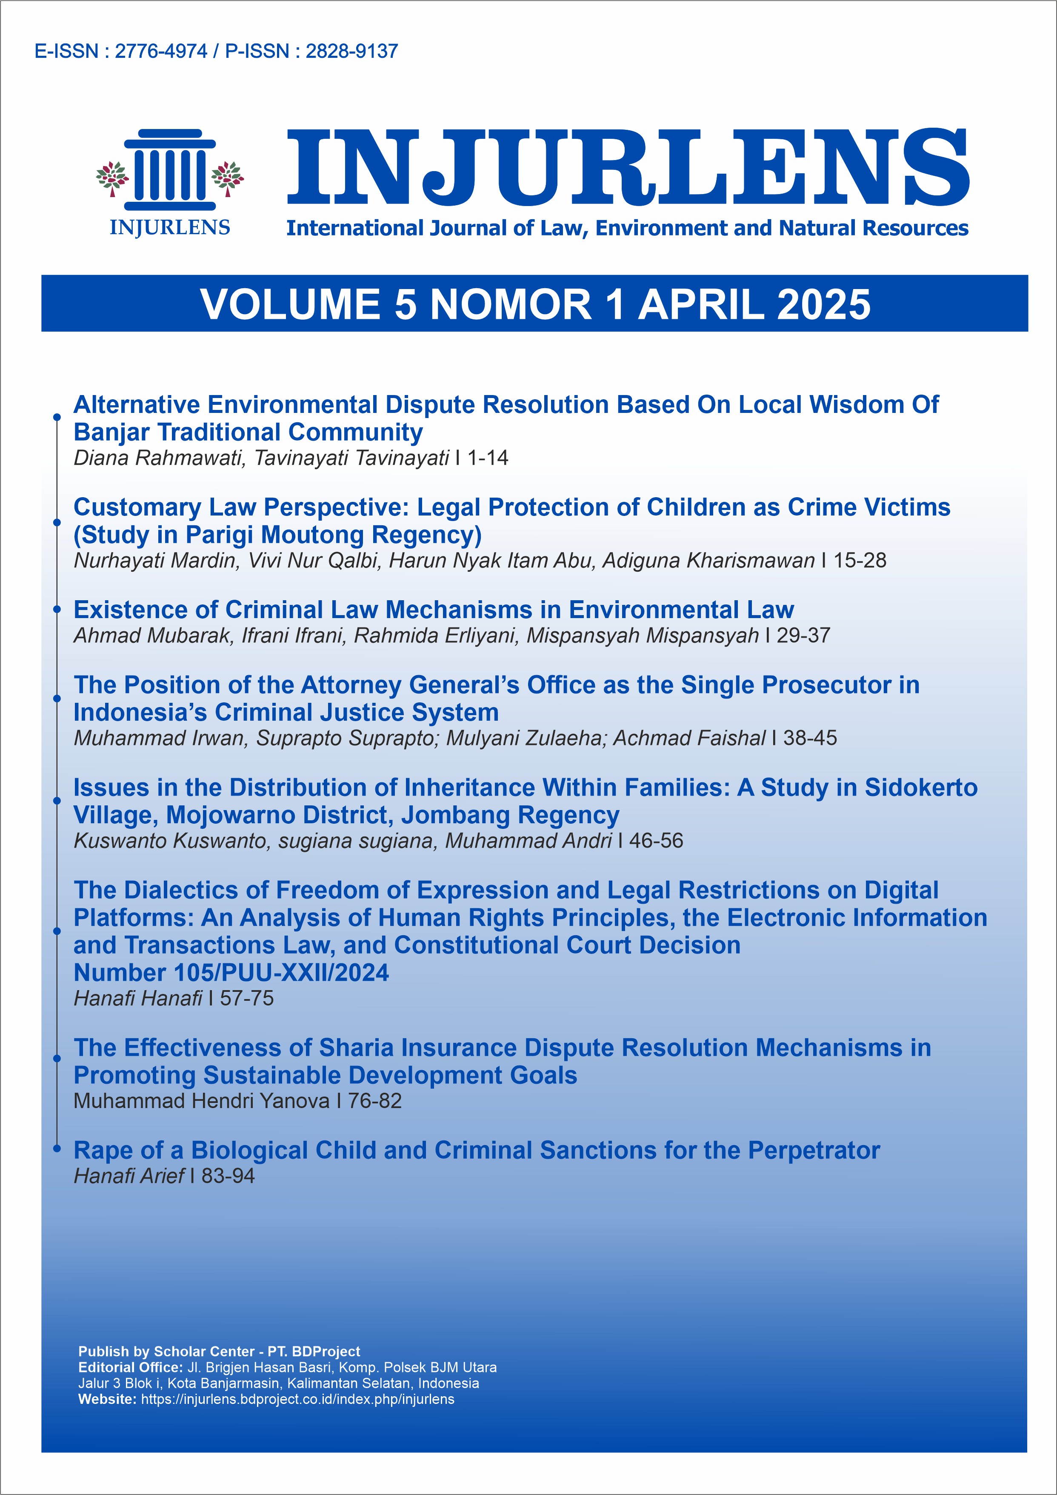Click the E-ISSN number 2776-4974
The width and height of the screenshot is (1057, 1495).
click(x=161, y=52)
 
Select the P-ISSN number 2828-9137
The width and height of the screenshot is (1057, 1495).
click(x=351, y=52)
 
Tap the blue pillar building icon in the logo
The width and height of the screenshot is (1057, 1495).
click(x=170, y=169)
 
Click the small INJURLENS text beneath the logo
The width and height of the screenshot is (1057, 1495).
click(x=170, y=228)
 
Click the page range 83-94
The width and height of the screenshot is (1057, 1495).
click(x=228, y=1176)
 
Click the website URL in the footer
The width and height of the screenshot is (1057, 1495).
click(x=297, y=1399)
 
